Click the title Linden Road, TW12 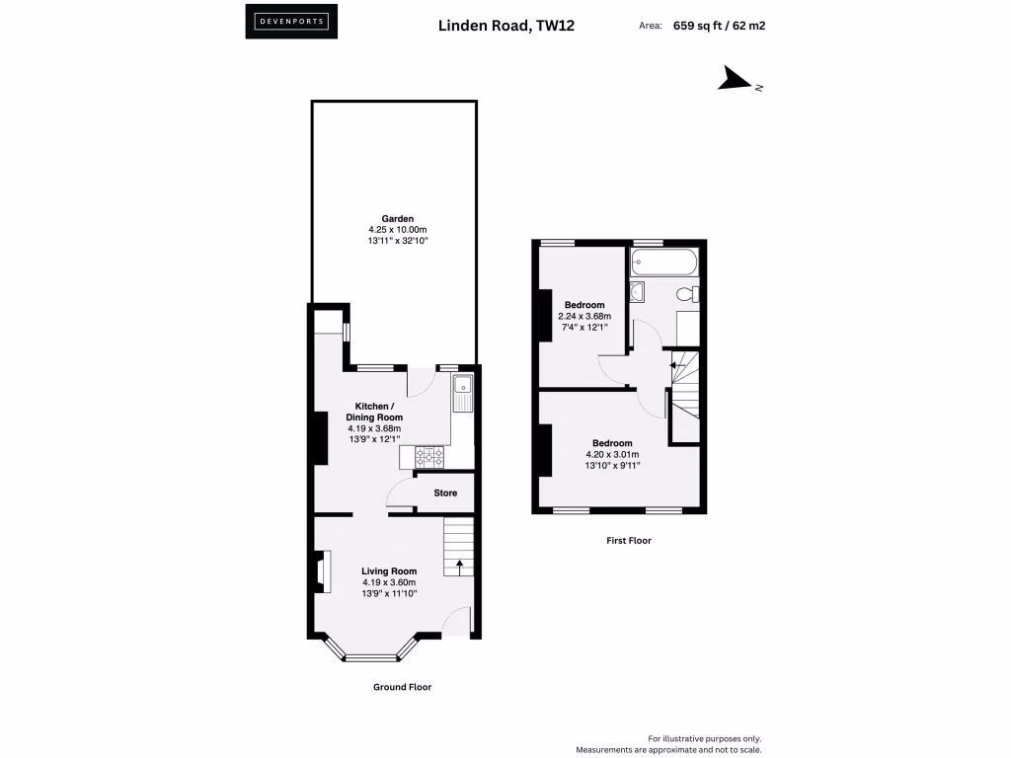(x=505, y=27)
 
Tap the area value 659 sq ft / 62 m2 (x=719, y=27)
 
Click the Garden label (x=398, y=218)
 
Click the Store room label (x=445, y=493)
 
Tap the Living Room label (x=388, y=570)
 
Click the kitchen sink (x=463, y=393)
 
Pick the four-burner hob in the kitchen (x=429, y=456)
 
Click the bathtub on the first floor (x=665, y=263)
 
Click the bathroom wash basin (x=637, y=290)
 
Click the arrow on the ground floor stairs (x=459, y=567)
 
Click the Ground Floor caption (x=402, y=687)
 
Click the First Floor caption (x=628, y=541)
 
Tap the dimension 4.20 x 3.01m (x=612, y=455)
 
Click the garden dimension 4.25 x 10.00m (x=398, y=229)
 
